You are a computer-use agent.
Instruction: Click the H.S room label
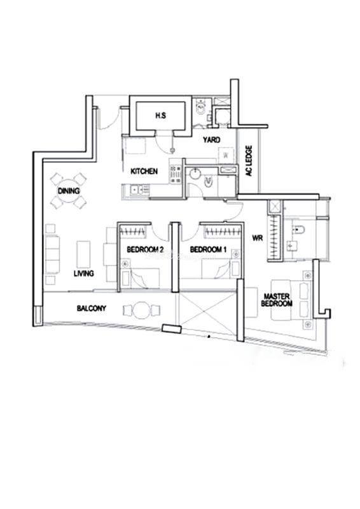(x=161, y=115)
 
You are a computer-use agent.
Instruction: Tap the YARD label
(x=211, y=140)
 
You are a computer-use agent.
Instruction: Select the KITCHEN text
(x=144, y=171)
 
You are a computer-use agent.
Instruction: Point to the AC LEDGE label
(x=249, y=161)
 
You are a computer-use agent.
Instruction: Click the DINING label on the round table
(x=69, y=191)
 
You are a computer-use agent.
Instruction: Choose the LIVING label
(x=84, y=274)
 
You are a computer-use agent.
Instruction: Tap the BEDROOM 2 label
(x=145, y=249)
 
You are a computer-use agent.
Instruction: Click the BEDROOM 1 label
(x=208, y=249)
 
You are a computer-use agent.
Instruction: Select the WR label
(x=258, y=238)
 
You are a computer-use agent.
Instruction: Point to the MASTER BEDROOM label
(x=277, y=300)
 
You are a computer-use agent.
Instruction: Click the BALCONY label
(x=92, y=308)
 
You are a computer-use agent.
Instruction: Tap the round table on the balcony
(x=142, y=310)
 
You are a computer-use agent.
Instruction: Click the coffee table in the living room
(x=83, y=254)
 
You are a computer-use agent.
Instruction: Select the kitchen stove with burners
(x=176, y=175)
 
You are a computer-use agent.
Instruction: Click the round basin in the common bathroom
(x=196, y=173)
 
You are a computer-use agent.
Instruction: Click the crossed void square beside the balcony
(x=207, y=310)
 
